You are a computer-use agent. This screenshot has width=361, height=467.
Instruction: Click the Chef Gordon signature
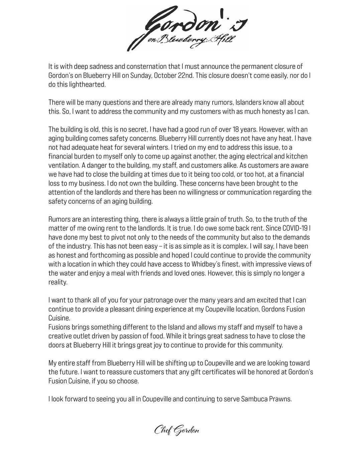click(176, 430)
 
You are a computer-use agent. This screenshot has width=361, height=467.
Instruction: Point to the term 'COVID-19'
click(294, 228)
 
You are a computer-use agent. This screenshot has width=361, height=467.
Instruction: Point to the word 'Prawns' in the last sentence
click(280, 399)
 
